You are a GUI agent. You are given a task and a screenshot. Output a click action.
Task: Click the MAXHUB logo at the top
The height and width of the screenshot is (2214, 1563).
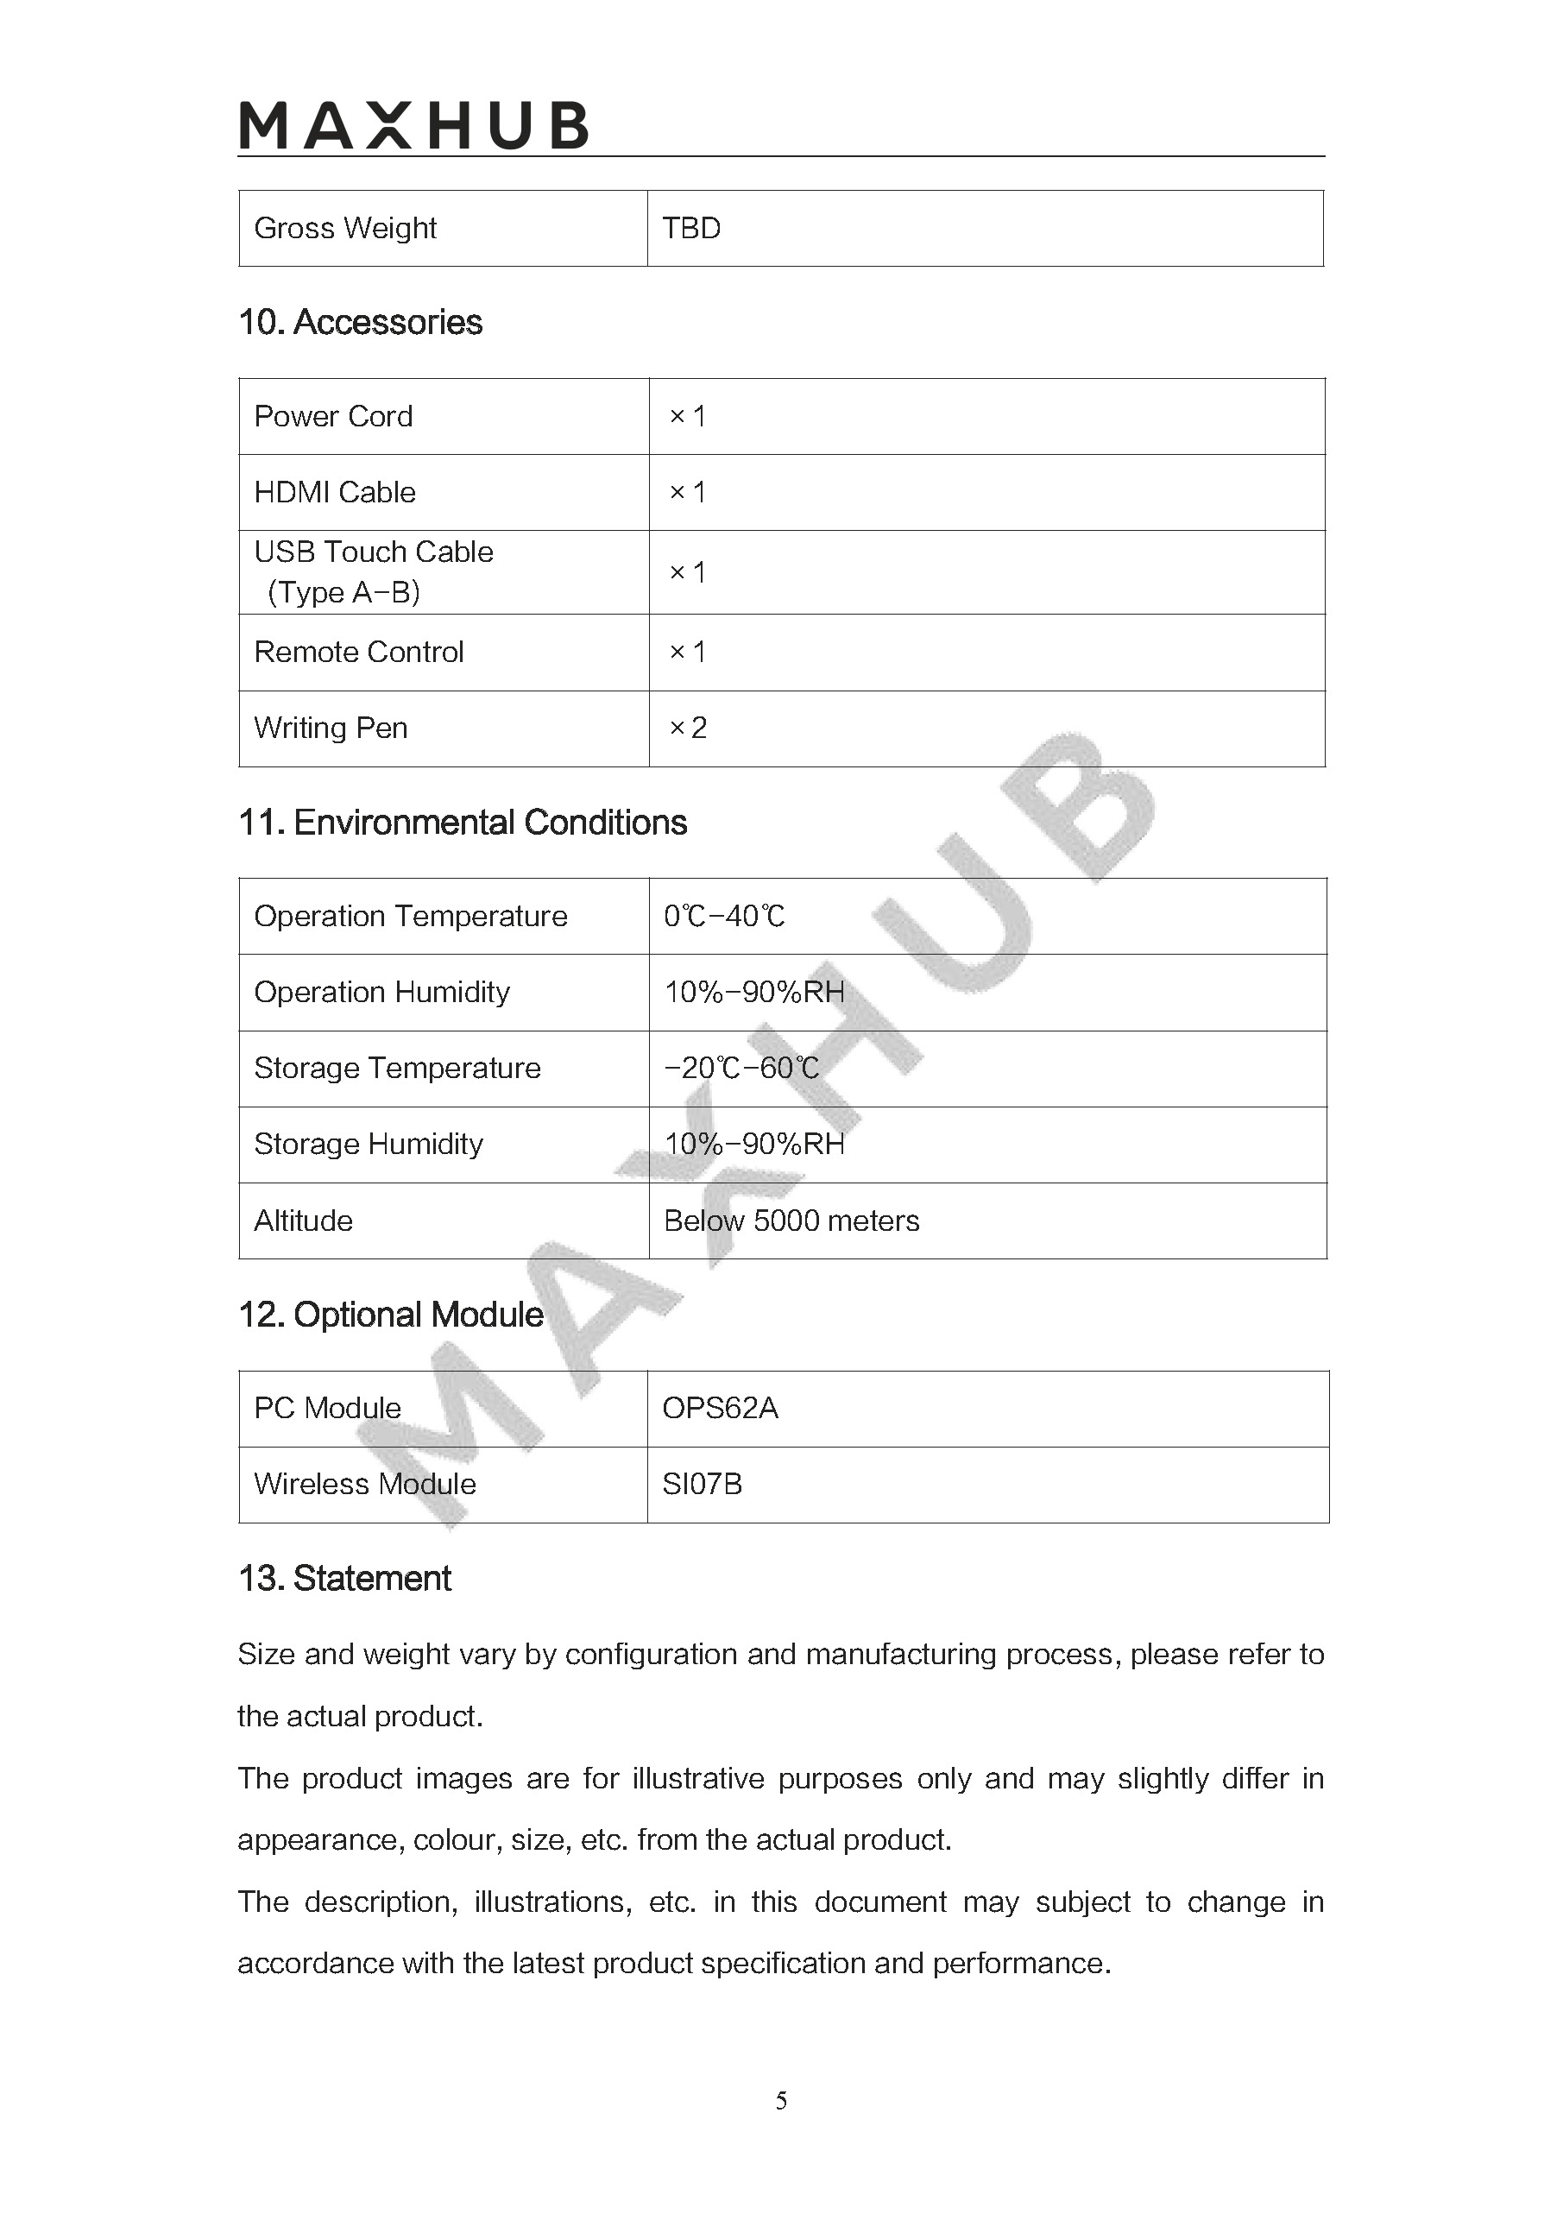pos(413,126)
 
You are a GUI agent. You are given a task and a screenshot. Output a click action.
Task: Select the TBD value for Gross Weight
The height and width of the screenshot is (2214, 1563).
pos(691,229)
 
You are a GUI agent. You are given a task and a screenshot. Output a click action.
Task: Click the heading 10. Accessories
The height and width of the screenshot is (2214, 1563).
pos(360,322)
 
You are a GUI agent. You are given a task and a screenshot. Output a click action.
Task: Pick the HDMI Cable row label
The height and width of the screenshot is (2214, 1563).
pos(335,493)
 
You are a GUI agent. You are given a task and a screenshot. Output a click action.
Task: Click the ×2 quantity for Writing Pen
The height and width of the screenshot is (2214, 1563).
pos(688,728)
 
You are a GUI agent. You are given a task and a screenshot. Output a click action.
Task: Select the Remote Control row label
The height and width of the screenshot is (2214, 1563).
pos(359,653)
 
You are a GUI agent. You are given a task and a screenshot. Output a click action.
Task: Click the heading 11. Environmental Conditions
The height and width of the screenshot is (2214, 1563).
pos(462,823)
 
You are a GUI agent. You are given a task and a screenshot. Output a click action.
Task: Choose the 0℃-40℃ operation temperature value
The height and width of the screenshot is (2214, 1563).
pos(724,916)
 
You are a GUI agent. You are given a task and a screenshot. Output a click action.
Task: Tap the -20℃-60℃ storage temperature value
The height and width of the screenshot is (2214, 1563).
pos(741,1069)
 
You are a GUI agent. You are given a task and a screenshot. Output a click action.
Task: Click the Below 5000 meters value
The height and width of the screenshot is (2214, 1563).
pos(791,1221)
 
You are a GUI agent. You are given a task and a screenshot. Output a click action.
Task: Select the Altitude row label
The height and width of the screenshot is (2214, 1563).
pos(303,1221)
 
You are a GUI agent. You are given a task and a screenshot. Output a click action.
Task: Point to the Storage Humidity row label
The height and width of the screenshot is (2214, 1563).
pos(369,1145)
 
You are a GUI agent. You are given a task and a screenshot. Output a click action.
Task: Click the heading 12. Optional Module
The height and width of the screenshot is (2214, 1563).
pos(390,1315)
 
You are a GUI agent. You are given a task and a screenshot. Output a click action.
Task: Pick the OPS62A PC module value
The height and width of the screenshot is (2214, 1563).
pos(719,1409)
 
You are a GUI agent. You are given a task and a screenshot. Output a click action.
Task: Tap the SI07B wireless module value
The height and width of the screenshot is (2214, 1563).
pos(702,1484)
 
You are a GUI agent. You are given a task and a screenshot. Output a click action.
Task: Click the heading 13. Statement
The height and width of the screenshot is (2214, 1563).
pos(344,1579)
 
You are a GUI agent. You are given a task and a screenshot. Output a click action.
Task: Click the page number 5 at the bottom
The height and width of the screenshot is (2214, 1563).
pos(781,2100)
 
